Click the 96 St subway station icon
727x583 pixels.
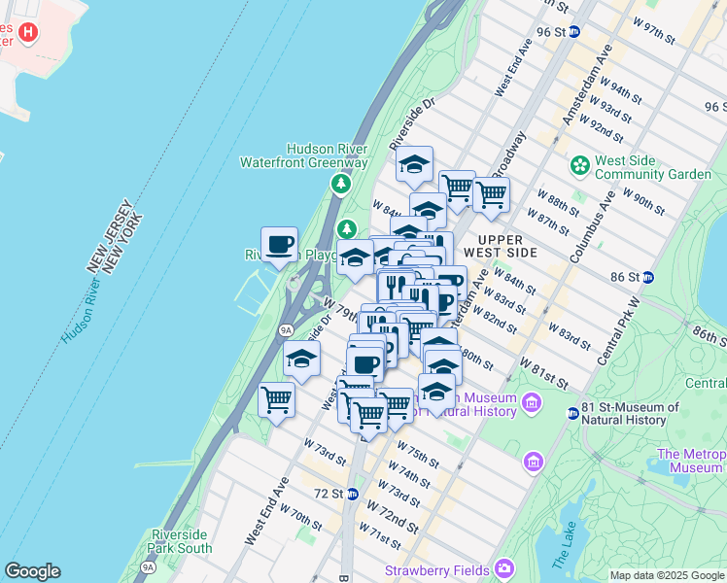click(x=573, y=31)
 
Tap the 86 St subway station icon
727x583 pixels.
click(x=648, y=277)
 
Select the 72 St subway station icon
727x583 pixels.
click(x=353, y=493)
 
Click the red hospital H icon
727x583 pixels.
click(x=28, y=33)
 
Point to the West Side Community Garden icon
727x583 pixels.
click(x=580, y=165)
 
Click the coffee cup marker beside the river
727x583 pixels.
click(x=279, y=244)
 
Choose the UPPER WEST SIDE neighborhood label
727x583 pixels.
click(x=501, y=246)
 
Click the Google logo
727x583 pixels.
click(x=32, y=571)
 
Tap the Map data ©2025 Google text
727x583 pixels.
click(x=667, y=575)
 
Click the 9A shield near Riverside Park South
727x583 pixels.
click(x=148, y=566)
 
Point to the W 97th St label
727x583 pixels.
click(x=653, y=30)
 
